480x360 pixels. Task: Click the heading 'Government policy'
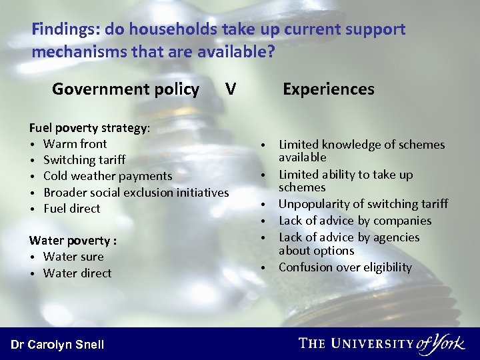point(125,89)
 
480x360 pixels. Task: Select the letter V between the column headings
point(230,89)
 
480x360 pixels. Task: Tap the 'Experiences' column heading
point(328,89)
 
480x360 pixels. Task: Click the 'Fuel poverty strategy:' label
point(89,127)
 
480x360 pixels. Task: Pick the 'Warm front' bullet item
point(75,143)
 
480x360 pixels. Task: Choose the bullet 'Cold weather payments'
point(107,176)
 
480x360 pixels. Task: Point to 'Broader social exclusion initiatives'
point(135,192)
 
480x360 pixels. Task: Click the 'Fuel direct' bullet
point(71,209)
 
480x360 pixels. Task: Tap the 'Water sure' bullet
point(73,257)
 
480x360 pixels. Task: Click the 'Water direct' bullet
point(77,273)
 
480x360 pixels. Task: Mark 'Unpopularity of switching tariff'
point(363,204)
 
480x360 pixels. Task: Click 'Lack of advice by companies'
point(355,221)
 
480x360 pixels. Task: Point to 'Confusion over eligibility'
point(345,267)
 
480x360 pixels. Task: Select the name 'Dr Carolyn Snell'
point(57,344)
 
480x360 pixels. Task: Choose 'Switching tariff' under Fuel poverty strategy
point(84,160)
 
